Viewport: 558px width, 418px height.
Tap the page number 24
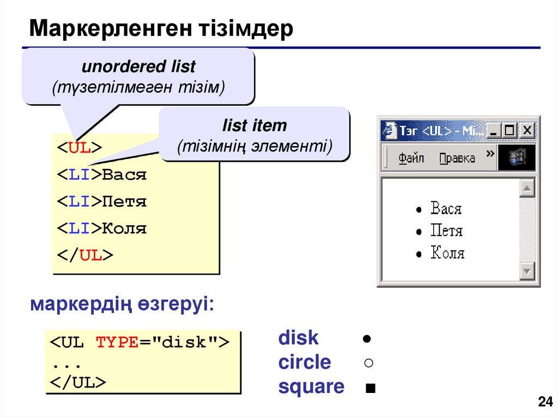pyautogui.click(x=544, y=403)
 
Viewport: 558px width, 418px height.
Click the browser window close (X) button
pyautogui.click(x=526, y=131)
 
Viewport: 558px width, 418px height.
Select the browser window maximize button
pyautogui.click(x=510, y=131)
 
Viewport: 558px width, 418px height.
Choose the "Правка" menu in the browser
pyautogui.click(x=457, y=158)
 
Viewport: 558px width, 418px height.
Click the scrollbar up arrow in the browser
pyautogui.click(x=526, y=189)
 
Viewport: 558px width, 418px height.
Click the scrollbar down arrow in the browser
pyautogui.click(x=526, y=271)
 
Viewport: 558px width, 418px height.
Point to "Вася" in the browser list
pyautogui.click(x=446, y=208)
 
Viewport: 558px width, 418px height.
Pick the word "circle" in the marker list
pyautogui.click(x=304, y=362)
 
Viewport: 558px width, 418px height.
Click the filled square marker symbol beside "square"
pyautogui.click(x=371, y=389)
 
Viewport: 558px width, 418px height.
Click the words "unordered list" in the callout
pyautogui.click(x=138, y=67)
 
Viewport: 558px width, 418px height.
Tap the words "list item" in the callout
pyautogui.click(x=254, y=126)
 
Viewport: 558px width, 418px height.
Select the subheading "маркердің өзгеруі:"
pyautogui.click(x=122, y=304)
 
